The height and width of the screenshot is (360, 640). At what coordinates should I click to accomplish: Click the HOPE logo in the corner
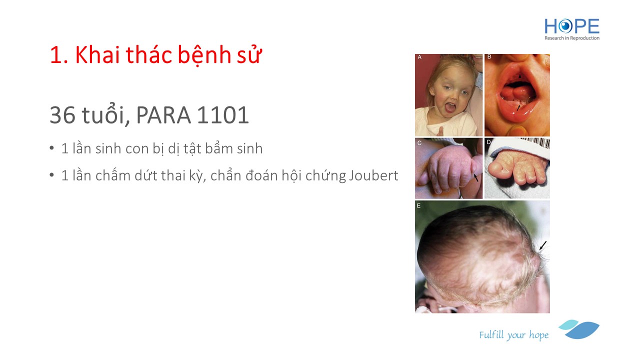coord(571,29)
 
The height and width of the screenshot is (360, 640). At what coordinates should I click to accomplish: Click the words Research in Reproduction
coord(571,38)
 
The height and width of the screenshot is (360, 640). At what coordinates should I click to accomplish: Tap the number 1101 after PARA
coord(223,115)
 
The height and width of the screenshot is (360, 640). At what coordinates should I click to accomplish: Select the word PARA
coord(163,115)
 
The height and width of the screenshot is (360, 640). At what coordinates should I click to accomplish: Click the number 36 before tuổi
coord(62,115)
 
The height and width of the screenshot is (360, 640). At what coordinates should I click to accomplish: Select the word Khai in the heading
coord(97,54)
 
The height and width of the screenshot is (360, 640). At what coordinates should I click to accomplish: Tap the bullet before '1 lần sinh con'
coord(51,148)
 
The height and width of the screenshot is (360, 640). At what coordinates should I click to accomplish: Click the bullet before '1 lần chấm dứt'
coord(51,175)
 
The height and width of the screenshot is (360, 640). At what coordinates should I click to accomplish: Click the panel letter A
coord(419,57)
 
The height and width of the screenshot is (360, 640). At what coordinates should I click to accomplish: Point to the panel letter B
coord(489,57)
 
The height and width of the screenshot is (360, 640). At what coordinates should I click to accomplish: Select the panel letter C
coord(419,143)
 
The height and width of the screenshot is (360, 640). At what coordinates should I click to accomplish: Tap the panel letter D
coord(489,142)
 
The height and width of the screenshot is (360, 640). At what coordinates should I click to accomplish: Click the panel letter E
coord(418,205)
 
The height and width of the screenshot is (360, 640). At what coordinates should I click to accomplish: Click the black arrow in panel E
coord(543,245)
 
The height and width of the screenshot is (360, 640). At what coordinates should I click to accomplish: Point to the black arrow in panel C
coord(475,177)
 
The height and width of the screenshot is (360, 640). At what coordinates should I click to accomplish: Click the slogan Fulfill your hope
coord(513,334)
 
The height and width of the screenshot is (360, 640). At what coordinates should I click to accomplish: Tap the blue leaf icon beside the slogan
coord(579,329)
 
